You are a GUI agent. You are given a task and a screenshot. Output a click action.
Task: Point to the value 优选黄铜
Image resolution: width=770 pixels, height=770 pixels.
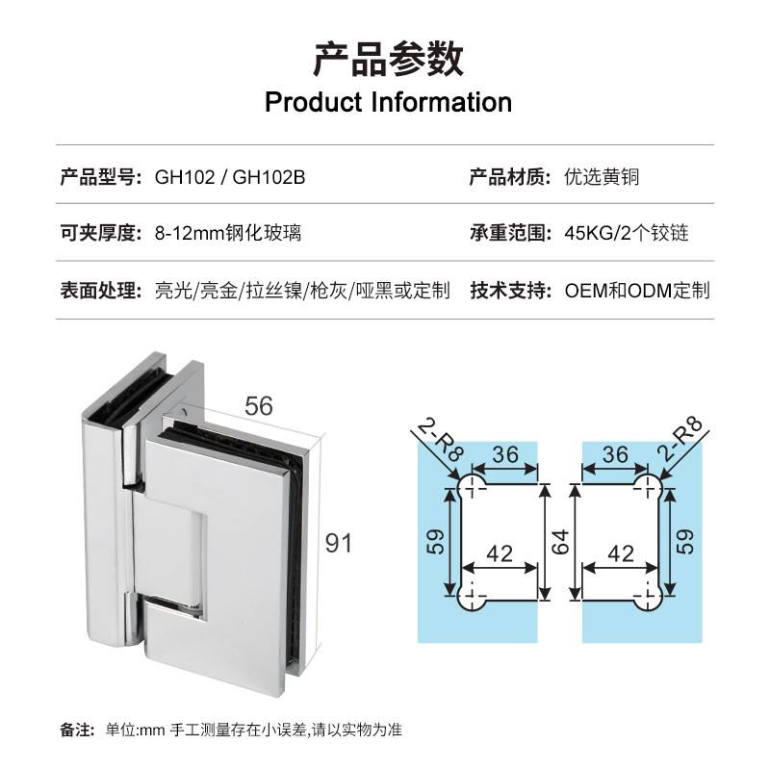coord(603,177)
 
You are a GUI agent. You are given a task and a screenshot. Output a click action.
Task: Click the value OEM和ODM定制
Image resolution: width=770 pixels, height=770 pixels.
coord(637,290)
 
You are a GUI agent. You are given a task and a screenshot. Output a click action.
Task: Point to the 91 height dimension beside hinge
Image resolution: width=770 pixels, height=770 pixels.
coord(338,544)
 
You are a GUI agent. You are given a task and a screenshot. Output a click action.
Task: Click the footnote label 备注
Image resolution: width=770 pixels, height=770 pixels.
coord(76,729)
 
